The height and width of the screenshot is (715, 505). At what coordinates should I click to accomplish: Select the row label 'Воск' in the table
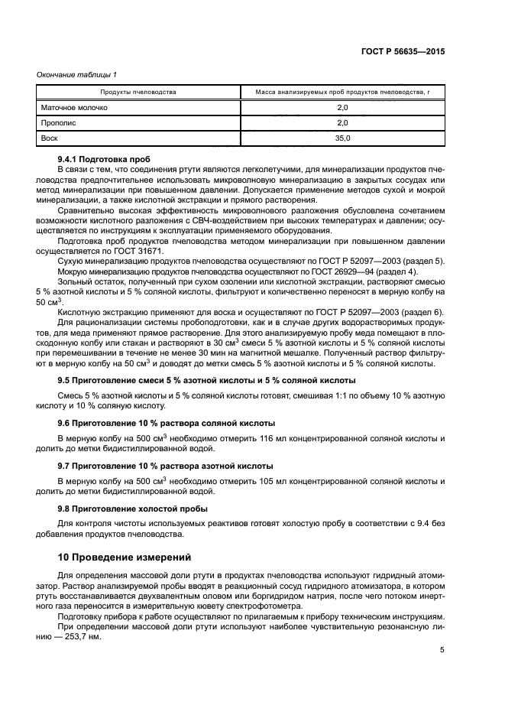tap(50, 138)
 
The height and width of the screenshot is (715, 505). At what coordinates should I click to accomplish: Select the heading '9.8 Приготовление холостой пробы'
tap(132, 508)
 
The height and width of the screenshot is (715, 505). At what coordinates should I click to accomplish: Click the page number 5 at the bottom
tap(442, 651)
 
